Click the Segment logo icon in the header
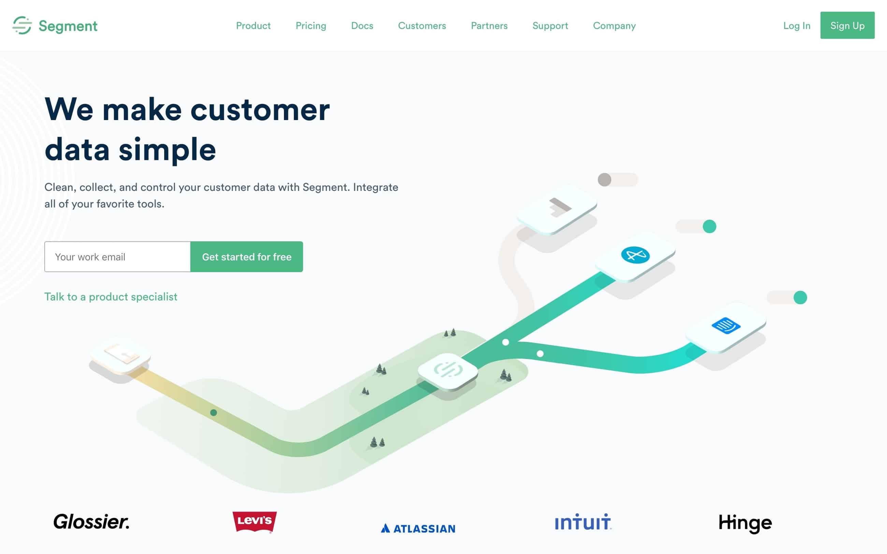(22, 25)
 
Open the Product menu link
(253, 26)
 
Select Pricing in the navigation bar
(311, 26)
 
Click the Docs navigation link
(362, 26)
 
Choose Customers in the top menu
(422, 26)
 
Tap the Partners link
(489, 26)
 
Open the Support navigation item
(550, 26)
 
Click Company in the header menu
(614, 26)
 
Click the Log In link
(797, 26)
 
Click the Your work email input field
(117, 257)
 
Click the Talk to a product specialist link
(111, 297)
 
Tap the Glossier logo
(91, 522)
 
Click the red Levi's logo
(255, 521)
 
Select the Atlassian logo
(418, 528)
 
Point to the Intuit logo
(583, 522)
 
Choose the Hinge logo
(745, 523)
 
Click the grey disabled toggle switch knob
(605, 180)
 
